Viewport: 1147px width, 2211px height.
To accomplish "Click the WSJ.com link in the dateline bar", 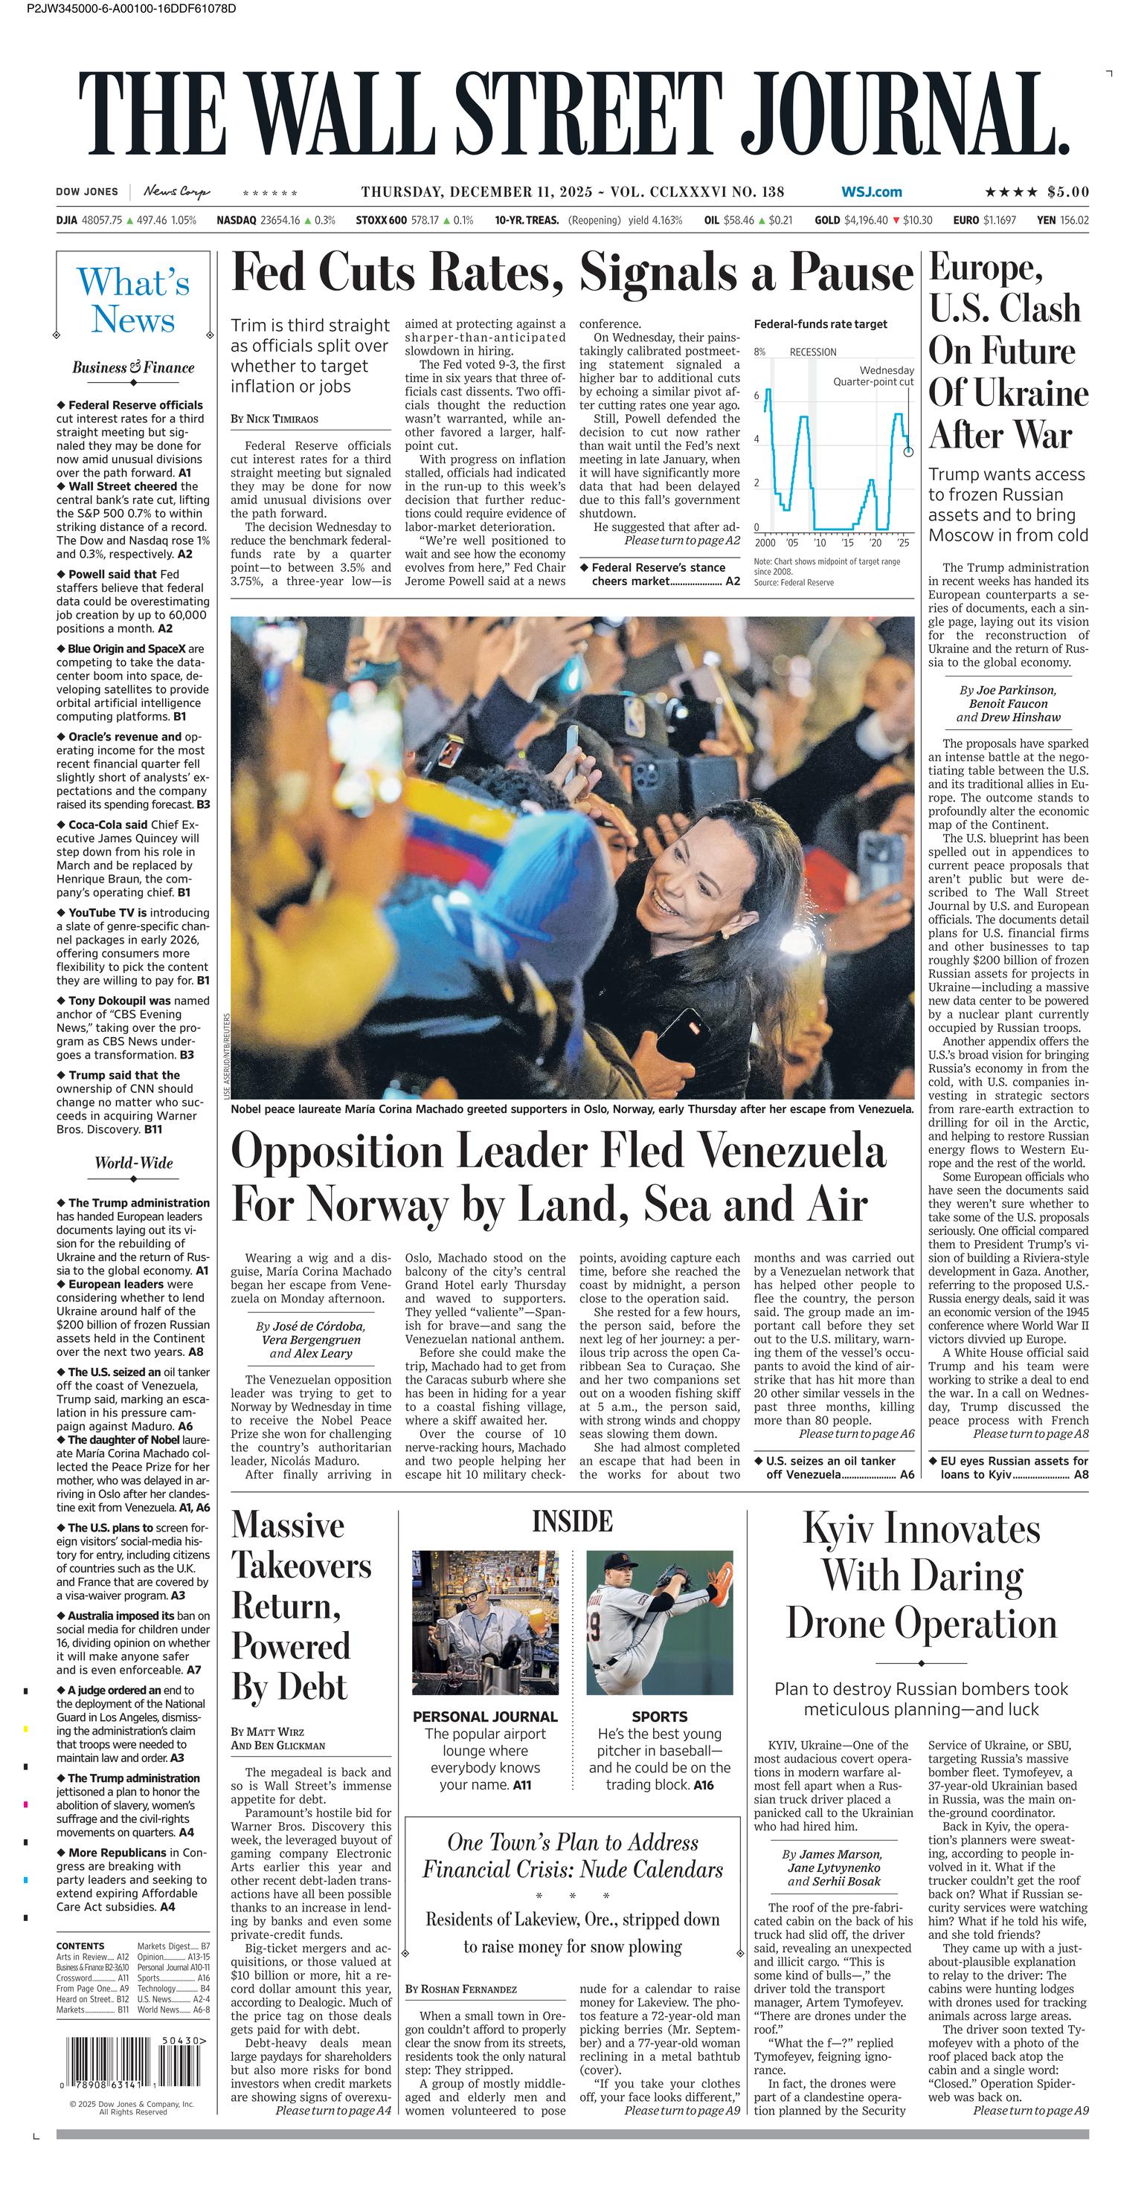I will [x=872, y=193].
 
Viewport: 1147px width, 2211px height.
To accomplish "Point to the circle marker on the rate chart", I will [x=908, y=451].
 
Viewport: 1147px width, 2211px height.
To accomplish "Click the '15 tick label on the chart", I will [x=847, y=543].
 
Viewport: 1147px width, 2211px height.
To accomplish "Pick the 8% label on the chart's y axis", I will [x=759, y=352].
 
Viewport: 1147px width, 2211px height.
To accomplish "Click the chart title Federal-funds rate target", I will [x=820, y=324].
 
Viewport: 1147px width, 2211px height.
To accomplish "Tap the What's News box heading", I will [x=133, y=300].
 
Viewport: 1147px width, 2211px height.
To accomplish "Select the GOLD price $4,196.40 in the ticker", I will [x=865, y=221].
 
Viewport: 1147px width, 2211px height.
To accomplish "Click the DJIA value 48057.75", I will [x=101, y=221].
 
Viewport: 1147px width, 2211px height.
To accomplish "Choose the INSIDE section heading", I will [x=572, y=1522].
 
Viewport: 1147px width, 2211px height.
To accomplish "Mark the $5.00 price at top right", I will [x=1068, y=193].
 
